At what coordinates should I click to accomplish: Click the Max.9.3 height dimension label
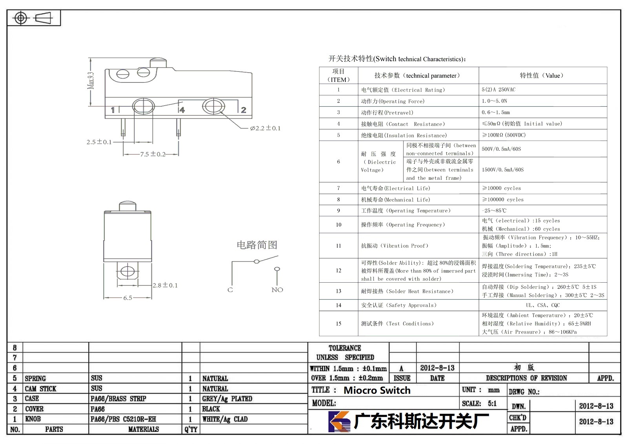click(91, 80)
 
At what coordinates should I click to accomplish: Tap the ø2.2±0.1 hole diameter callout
click(265, 128)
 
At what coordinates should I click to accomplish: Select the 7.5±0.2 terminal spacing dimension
click(153, 154)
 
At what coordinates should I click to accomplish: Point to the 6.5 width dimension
click(128, 298)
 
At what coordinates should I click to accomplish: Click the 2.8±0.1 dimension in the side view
click(165, 285)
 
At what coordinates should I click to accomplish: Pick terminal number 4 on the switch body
click(182, 110)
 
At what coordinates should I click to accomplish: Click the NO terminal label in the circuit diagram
click(277, 290)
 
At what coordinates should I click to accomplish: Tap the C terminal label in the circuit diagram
click(230, 290)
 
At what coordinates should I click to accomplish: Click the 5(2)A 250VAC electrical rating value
click(498, 90)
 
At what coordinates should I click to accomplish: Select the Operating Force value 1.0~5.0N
click(494, 101)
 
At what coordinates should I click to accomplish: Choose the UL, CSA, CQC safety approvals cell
click(543, 305)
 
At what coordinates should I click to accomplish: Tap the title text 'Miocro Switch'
click(377, 390)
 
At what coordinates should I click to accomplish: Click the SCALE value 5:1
click(492, 403)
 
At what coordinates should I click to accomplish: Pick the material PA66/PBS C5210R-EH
click(123, 419)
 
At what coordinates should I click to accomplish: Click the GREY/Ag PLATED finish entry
click(227, 398)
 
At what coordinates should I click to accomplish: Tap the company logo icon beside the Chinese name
click(339, 421)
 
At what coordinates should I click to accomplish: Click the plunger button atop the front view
click(159, 63)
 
